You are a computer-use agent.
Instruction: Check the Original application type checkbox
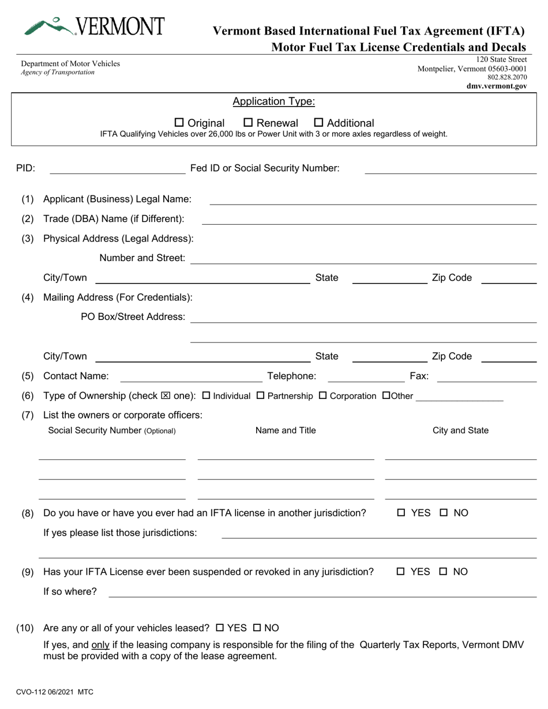179,123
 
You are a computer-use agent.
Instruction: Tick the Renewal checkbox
248,123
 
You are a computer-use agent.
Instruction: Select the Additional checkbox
318,123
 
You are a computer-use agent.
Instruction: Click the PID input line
118,168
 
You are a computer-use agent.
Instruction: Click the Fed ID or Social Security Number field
451,168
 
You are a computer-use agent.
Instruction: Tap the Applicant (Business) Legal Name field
372,199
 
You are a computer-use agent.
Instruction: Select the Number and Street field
363,259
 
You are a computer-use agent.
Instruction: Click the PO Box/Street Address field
363,318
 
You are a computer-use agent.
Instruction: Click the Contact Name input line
190,376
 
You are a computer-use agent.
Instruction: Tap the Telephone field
366,376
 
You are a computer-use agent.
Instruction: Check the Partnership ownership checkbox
260,396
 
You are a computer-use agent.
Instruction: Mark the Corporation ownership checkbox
323,396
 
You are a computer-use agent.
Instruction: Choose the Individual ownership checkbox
207,396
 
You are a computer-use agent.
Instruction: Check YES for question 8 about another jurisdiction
401,513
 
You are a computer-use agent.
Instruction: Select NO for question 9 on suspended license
444,572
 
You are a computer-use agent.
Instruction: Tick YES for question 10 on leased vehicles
220,628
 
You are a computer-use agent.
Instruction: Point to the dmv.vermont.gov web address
497,86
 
